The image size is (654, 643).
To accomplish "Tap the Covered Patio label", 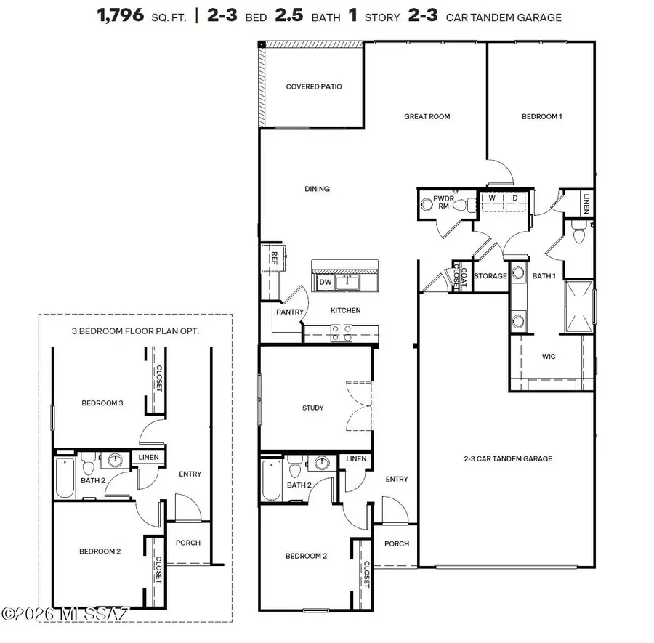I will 313,87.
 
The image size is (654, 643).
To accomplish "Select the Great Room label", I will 427,116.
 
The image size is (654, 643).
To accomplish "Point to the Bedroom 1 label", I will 541,116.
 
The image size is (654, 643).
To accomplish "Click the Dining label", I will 317,189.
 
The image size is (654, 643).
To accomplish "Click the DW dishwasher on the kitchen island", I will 325,281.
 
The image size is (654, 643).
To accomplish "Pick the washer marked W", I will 491,198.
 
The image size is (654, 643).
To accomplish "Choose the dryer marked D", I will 514,198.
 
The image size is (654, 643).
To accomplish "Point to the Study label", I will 312,408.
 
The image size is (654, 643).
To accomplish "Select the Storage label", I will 490,276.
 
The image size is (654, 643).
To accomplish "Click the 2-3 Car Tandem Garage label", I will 508,458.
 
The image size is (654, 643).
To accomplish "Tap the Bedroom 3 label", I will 101,403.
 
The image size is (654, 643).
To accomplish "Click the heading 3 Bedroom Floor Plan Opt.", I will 135,330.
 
